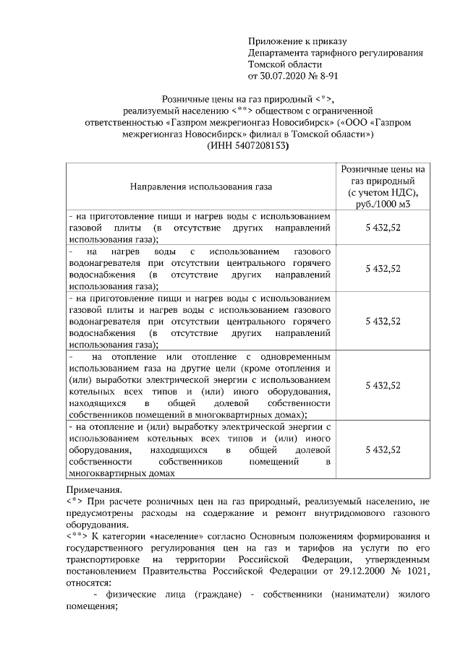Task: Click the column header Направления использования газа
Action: coord(201,187)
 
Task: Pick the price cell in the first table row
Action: coord(383,227)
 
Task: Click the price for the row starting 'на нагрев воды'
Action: coord(383,268)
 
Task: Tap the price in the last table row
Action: coord(383,449)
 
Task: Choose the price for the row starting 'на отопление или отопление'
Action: coord(383,385)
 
